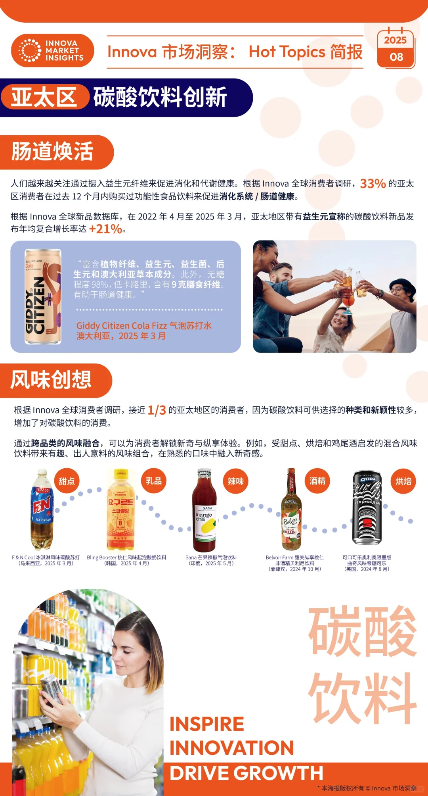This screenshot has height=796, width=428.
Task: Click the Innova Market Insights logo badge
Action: [53, 50]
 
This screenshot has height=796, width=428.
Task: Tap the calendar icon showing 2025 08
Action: [396, 49]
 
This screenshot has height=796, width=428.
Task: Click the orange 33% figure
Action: [373, 183]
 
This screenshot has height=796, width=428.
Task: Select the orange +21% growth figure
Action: [105, 229]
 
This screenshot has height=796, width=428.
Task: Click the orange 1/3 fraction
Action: [157, 410]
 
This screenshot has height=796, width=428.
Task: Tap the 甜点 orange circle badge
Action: [67, 481]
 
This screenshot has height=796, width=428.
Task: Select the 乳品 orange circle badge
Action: [153, 481]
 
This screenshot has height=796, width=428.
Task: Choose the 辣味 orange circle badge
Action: [235, 481]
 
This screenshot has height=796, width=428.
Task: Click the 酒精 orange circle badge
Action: [317, 481]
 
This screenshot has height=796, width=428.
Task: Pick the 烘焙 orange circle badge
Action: [403, 481]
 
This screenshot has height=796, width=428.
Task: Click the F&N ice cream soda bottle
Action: [42, 510]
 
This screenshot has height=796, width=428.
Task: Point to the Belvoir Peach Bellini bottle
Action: [291, 510]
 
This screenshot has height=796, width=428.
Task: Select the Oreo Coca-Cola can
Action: [367, 508]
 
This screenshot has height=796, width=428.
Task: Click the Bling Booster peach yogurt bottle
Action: [120, 510]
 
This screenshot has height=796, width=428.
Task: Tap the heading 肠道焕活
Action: [52, 152]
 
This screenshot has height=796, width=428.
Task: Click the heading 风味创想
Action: [51, 380]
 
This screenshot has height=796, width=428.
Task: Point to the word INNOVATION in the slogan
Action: [232, 748]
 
